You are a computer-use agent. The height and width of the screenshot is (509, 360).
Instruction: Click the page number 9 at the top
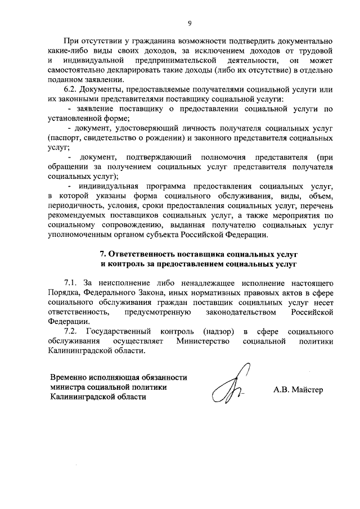[190, 23]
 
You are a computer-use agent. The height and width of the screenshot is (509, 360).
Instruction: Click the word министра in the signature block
[69, 387]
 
